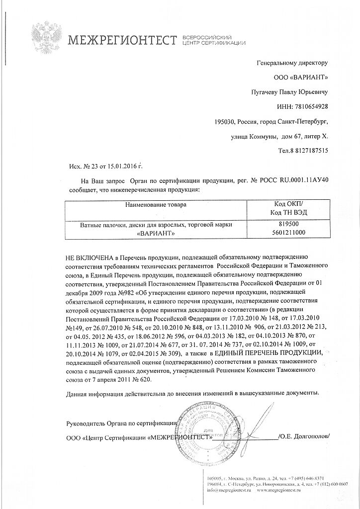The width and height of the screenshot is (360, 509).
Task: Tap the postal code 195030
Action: tap(224, 121)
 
